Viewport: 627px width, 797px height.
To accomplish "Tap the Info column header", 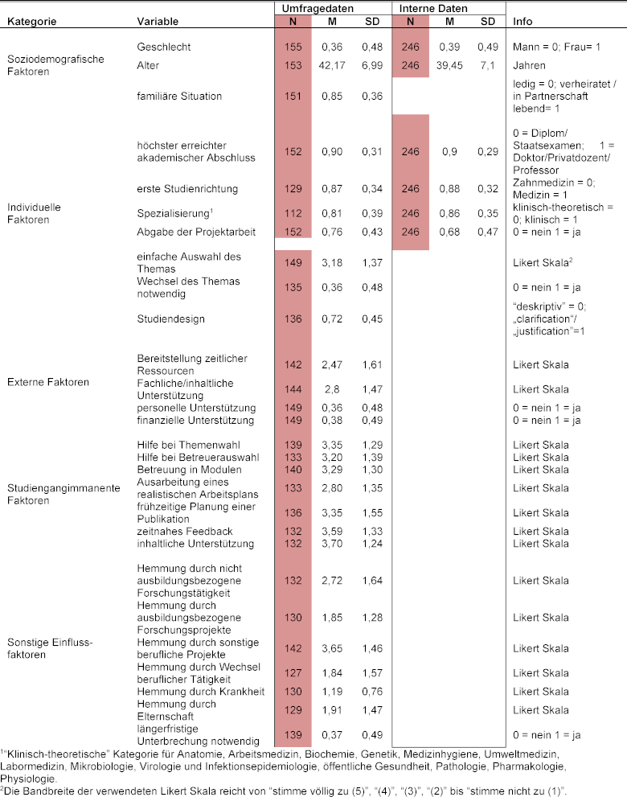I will (522, 21).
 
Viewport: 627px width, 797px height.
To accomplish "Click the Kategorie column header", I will (31, 21).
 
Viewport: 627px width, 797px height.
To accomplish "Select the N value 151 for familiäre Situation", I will (293, 97).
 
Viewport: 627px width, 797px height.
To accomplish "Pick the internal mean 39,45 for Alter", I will (449, 65).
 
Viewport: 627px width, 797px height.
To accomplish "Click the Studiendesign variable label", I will (170, 319).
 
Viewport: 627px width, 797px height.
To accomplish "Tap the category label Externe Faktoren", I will (47, 382).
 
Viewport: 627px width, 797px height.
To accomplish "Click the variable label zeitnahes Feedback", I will (184, 532).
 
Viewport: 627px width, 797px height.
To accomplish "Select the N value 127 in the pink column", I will (293, 672).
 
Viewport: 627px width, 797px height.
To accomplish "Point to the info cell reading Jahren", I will (530, 65).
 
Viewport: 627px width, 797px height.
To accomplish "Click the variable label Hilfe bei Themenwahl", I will (188, 445).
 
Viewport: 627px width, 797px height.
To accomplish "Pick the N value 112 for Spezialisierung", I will (293, 213).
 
